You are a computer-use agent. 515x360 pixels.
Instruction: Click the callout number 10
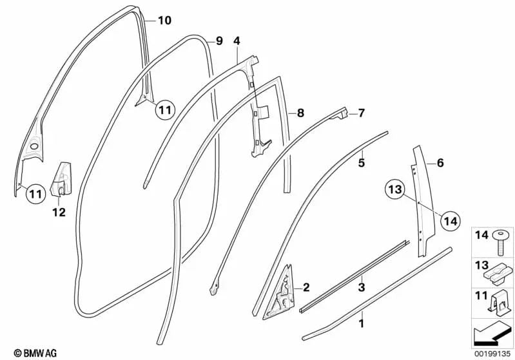[x=164, y=21]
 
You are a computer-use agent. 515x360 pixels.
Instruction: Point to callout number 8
[x=300, y=113]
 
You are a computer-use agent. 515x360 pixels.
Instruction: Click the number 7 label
[x=361, y=113]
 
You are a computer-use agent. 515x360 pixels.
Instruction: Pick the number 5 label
[x=361, y=164]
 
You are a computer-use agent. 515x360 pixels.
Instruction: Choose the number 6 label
[x=440, y=164]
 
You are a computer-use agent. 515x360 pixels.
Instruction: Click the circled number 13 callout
[x=395, y=189]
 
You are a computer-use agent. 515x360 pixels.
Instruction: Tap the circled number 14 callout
[x=451, y=221]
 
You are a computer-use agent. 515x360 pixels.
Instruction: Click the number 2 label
[x=306, y=287]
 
